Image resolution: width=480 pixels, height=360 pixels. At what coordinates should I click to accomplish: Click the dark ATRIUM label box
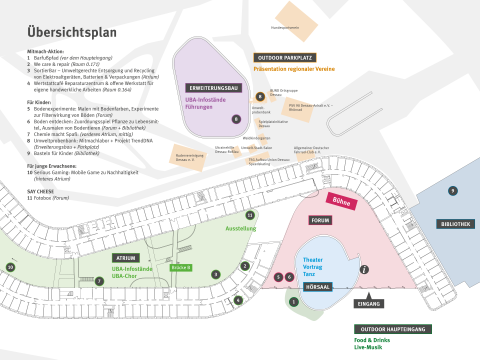126,258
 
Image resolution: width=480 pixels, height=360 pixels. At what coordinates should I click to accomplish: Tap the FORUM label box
321,220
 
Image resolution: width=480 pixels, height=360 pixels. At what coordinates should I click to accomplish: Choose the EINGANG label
369,303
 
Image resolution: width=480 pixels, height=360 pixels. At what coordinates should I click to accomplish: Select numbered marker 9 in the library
452,190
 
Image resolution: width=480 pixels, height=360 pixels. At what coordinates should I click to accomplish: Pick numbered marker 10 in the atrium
10,267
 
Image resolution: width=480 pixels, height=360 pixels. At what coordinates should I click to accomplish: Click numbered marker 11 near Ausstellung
250,215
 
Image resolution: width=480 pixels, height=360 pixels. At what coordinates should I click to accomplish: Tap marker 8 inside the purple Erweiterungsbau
236,118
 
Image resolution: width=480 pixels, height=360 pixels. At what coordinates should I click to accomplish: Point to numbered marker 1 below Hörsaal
293,300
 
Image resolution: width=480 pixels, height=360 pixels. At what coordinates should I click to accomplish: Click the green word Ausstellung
242,229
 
